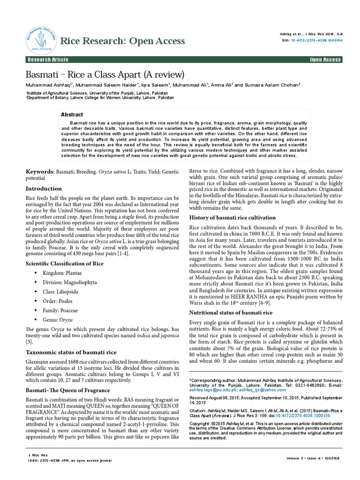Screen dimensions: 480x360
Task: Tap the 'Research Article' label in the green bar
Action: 48,60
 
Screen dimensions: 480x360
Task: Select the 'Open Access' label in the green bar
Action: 325,60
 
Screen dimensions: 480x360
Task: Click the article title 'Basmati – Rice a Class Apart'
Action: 105,75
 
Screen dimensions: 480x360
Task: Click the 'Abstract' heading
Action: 72,114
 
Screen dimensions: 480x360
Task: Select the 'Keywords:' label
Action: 40,173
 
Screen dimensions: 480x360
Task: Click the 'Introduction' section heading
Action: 43,188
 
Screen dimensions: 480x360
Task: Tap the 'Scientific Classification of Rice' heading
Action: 64,264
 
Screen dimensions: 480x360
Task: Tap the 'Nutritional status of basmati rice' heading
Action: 230,312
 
